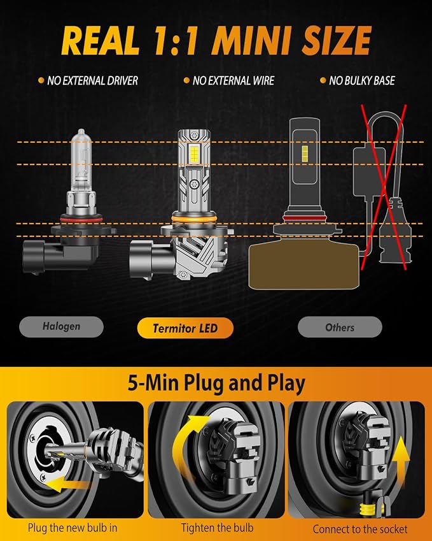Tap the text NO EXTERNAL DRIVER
92,81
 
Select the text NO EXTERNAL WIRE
233,81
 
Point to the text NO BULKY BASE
362,81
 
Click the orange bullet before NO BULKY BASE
323,80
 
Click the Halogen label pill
61,326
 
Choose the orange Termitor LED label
185,328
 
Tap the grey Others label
340,327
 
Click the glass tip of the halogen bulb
81,133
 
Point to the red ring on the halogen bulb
81,219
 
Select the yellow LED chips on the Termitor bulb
193,155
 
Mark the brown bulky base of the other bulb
304,264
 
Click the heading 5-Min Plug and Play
216,383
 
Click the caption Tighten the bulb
218,528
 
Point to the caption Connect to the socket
360,529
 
